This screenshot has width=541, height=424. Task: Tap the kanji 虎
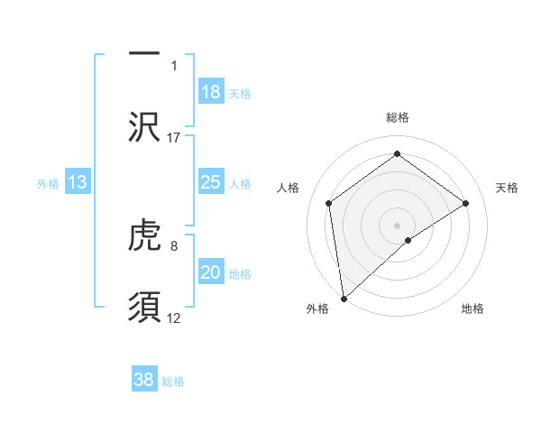144,236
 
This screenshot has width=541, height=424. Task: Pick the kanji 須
144,308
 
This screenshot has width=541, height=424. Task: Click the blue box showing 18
211,91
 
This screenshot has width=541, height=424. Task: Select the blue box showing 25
211,182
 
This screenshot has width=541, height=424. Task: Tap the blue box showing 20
211,272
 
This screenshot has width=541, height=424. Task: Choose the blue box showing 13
78,182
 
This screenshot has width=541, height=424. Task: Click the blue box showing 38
144,380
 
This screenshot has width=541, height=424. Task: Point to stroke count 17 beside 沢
174,137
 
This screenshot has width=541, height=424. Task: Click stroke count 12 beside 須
174,318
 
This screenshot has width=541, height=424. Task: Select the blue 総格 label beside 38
173,382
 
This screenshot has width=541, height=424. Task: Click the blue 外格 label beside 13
48,183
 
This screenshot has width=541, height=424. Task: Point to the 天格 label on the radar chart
507,188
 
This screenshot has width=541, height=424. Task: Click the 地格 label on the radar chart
472,309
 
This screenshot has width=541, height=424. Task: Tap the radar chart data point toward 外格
343,298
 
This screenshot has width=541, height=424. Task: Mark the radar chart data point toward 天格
466,203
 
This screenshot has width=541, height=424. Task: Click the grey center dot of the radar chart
397,225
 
